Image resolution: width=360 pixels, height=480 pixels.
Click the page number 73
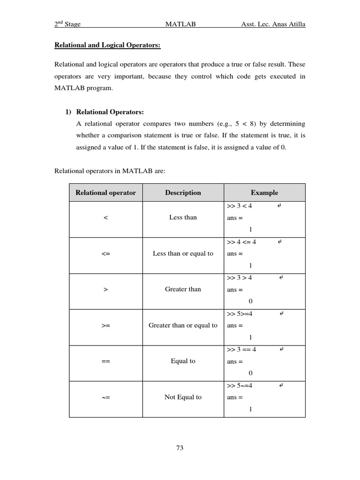pos(180,448)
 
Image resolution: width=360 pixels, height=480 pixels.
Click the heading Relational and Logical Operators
pos(107,45)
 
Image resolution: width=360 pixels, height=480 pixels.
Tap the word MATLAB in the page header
pos(180,24)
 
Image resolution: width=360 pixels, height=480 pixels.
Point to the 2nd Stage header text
pos(69,24)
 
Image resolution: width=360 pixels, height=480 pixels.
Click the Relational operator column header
pos(105,193)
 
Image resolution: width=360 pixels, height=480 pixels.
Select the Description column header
pos(183,193)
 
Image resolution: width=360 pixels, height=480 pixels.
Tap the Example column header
pos(264,193)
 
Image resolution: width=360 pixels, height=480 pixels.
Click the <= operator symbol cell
pos(105,254)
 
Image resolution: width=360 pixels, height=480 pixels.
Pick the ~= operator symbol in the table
pos(105,397)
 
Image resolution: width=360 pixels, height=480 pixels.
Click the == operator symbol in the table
pos(105,361)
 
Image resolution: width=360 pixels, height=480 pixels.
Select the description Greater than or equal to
pos(183,325)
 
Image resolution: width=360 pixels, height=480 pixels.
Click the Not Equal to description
pos(183,397)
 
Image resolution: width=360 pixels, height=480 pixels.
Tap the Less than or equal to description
pos(183,254)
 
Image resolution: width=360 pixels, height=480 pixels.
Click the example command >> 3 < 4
pos(239,206)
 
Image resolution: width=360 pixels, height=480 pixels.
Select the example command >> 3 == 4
pos(241,349)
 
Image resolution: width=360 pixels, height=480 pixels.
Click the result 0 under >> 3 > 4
pos(250,301)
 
